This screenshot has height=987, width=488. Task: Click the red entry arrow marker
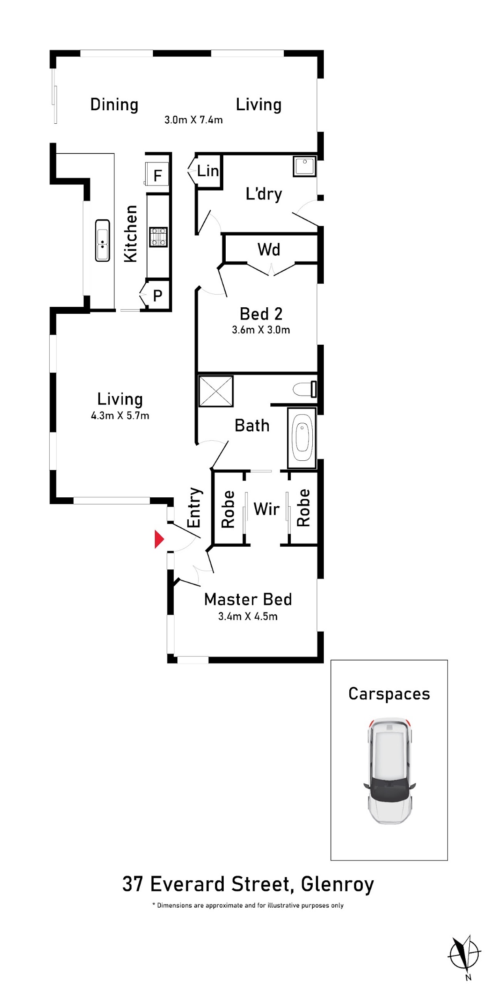[x=159, y=539]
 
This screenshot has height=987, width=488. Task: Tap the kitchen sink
[x=102, y=240]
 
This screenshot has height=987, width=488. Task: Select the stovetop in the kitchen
[x=158, y=237]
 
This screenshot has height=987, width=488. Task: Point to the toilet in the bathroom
[x=305, y=389]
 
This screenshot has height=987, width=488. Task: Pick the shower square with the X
[x=216, y=391]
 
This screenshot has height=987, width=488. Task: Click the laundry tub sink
[x=305, y=166]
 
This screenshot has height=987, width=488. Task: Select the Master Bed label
[x=248, y=599]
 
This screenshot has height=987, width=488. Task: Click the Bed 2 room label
[x=261, y=314]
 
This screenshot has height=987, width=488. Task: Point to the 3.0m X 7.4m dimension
[x=194, y=120]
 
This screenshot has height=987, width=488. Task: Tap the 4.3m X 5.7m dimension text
[x=120, y=416]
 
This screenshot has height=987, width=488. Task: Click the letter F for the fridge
[x=158, y=175]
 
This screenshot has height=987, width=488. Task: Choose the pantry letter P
[x=158, y=295]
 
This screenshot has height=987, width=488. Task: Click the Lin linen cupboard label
[x=208, y=171]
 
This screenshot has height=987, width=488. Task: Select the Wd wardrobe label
[x=269, y=249]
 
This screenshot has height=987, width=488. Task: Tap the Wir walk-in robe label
[x=266, y=509]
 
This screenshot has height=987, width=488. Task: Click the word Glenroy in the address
[x=337, y=885]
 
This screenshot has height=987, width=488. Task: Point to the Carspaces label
[x=389, y=694]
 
